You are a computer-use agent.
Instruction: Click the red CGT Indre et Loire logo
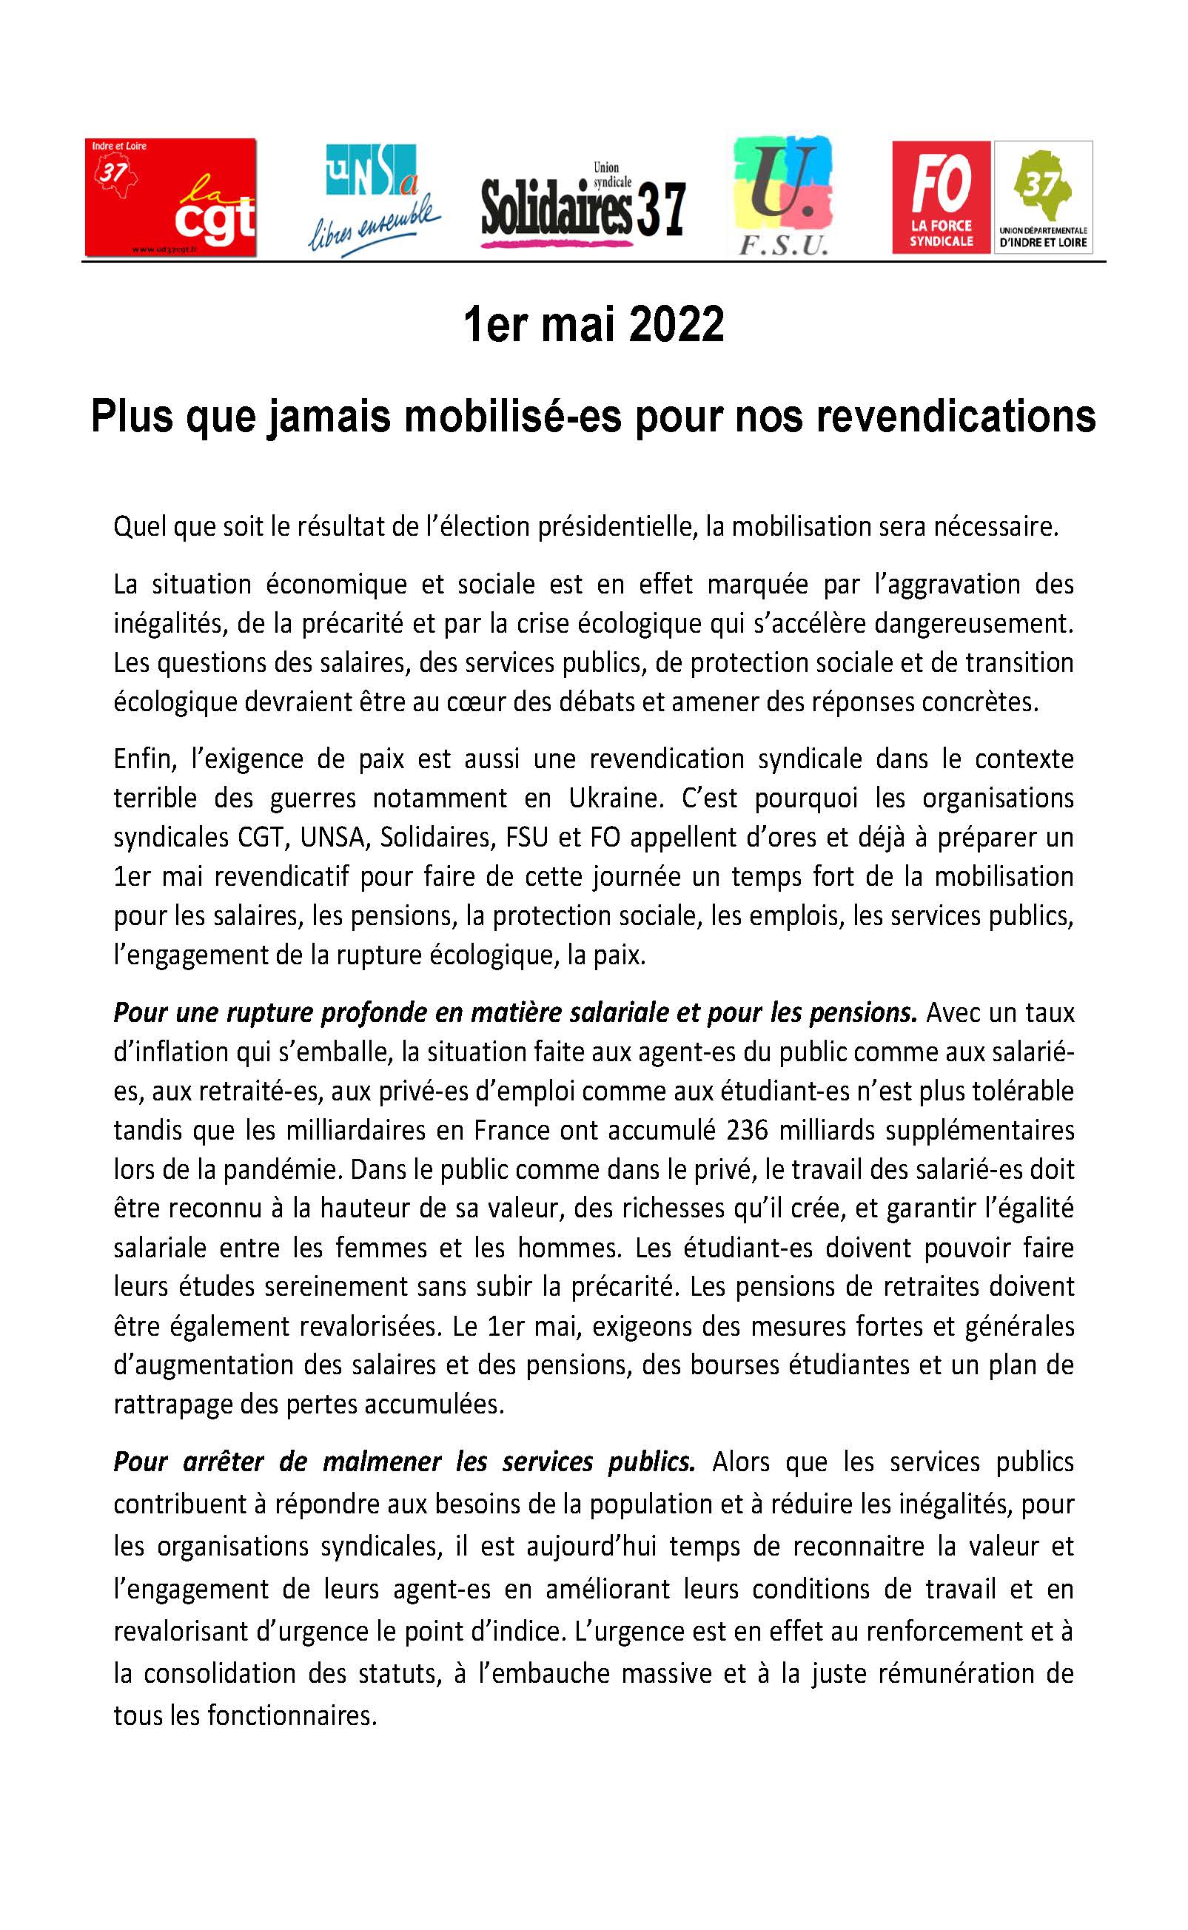tap(170, 197)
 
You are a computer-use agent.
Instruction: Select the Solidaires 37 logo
tap(583, 203)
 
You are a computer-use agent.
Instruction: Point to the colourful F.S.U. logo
tap(782, 196)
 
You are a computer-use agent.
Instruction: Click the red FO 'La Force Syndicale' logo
tap(942, 197)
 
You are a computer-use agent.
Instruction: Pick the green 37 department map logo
tap(1044, 197)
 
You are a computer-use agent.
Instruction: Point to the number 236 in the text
tap(751, 1130)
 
